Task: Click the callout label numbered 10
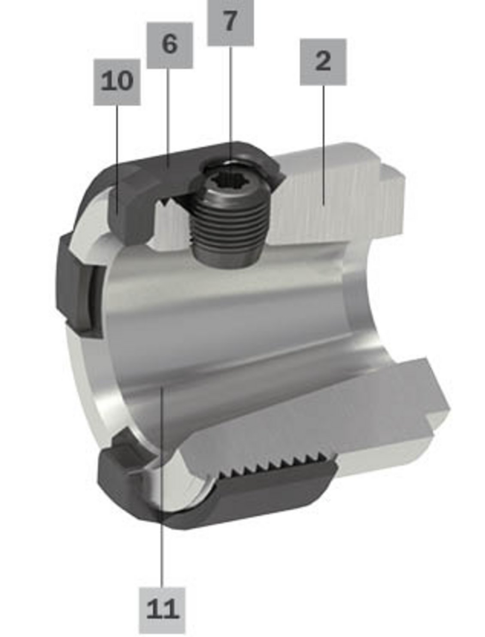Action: (117, 82)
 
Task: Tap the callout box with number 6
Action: (170, 46)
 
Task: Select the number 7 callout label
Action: (230, 22)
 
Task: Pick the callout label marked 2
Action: (323, 62)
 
